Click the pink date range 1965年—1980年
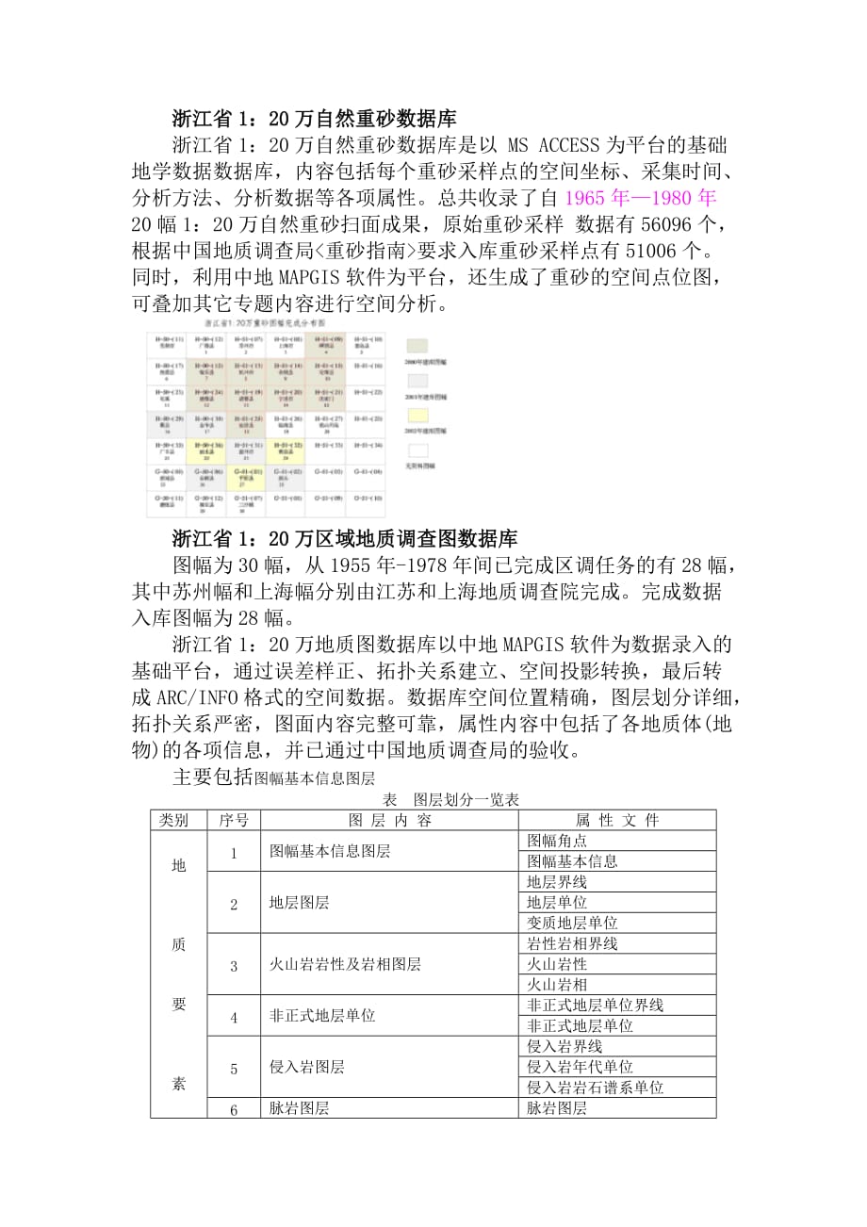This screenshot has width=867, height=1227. click(x=642, y=198)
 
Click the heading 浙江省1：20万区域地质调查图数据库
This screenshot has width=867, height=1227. click(x=344, y=539)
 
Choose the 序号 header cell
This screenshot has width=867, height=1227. click(x=234, y=820)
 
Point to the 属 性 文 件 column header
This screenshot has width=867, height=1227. click(x=617, y=820)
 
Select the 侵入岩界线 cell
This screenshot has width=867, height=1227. click(x=564, y=1046)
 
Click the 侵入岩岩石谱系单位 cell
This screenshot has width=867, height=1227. click(x=595, y=1088)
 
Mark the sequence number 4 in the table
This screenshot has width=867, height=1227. click(x=234, y=1016)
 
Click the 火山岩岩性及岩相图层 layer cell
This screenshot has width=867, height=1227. click(x=345, y=964)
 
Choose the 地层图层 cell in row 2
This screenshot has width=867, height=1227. click(x=300, y=903)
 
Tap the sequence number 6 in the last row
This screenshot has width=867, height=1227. click(x=234, y=1109)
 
